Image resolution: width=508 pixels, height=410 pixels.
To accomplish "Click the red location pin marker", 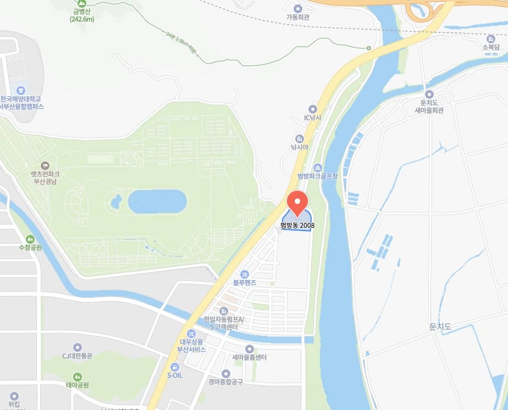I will coord(297,203).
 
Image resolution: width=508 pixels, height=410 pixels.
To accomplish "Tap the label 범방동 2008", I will coord(297,225).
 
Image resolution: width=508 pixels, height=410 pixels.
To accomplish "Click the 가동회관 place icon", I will coord(298,8).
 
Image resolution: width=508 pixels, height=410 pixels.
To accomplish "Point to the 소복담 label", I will coord(491,47).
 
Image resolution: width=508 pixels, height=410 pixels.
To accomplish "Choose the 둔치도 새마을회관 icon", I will coord(429,94).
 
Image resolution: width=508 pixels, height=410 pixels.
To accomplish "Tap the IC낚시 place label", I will coord(313,117).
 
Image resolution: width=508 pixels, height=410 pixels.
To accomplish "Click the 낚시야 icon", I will coord(300,138).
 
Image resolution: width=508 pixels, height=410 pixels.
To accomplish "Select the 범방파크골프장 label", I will coord(317,176).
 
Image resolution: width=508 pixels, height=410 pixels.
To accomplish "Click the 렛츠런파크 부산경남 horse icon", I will coord(45,165).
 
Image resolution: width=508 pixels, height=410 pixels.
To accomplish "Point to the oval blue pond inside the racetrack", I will coord(157,201).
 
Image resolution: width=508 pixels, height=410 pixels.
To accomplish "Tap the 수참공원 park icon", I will coord(30,239).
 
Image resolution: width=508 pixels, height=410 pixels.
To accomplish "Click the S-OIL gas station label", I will coord(175,375).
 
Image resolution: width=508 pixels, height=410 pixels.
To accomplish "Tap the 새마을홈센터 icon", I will coord(249,349).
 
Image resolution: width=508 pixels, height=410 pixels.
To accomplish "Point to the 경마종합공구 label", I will coord(225,382).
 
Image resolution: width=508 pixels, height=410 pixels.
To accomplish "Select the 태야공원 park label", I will coord(77,385).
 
